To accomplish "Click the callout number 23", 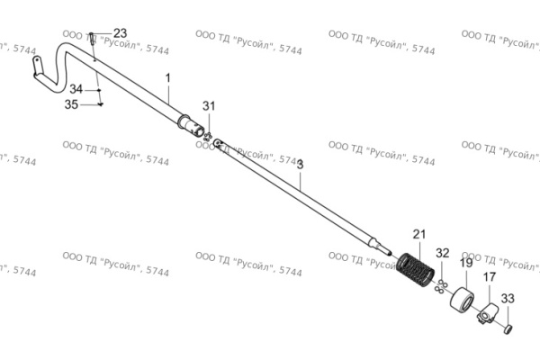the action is (x=120, y=33).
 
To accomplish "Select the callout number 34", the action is (x=76, y=89).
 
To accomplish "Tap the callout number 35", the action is (x=71, y=104).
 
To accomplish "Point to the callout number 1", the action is (x=168, y=78).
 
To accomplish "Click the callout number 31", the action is (x=209, y=106).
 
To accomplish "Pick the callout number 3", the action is (x=301, y=165).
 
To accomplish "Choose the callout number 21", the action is (x=419, y=235).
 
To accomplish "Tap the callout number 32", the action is (x=443, y=253).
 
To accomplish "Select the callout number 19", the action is (x=466, y=263).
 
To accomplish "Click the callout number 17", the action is (x=490, y=277).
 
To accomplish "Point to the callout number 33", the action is (x=508, y=298).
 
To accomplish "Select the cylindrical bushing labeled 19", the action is (x=462, y=299).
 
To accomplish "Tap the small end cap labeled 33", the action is (x=508, y=329).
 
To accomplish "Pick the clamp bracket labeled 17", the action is (x=487, y=313).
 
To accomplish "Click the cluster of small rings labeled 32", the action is (x=441, y=286).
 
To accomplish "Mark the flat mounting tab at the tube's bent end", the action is (x=36, y=65).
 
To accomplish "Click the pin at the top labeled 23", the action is (x=92, y=39).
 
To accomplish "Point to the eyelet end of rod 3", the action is (x=218, y=142).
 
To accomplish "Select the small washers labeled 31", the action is (x=208, y=137).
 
